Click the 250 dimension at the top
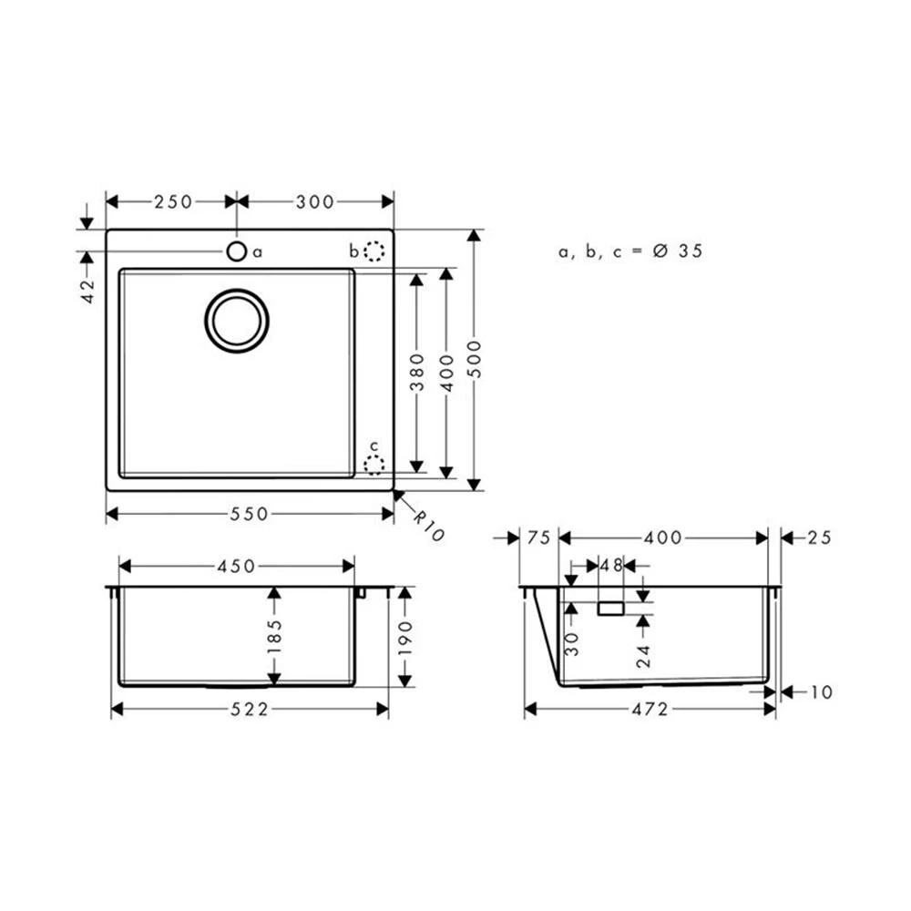173,201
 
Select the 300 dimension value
315,201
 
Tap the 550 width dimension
250,514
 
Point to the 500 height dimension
476,359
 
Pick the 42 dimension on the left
87,292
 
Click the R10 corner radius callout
429,526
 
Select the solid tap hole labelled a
237,251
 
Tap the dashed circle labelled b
374,251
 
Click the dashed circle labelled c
374,465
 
